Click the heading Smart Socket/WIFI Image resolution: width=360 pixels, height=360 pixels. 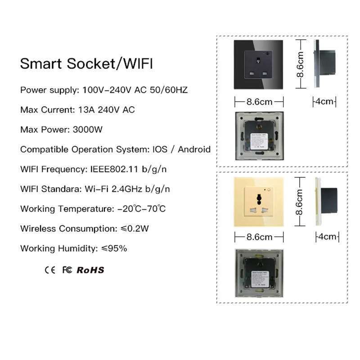(86, 63)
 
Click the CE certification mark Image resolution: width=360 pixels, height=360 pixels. (49, 270)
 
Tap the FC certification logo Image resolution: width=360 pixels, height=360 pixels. (67, 270)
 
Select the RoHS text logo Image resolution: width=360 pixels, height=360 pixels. (90, 270)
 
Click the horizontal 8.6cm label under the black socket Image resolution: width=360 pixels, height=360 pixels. (260, 102)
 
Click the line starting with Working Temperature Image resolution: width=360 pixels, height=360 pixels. (93, 209)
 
